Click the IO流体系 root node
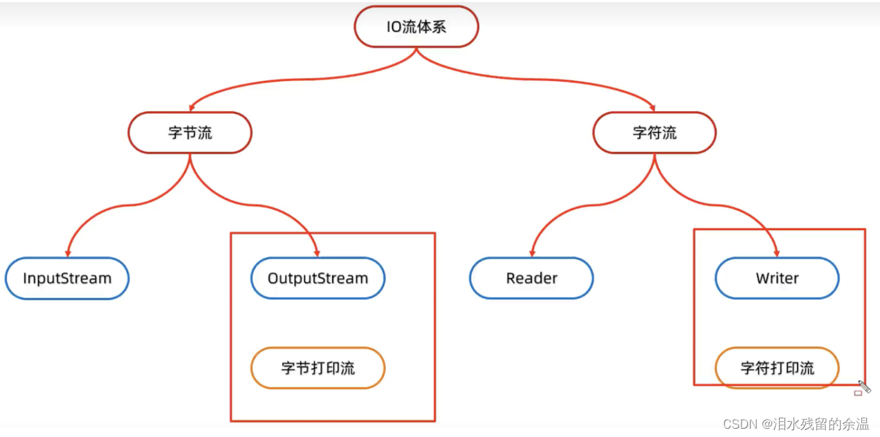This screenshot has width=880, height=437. [416, 27]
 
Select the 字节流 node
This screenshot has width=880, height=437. [190, 133]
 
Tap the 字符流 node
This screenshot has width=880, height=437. [654, 133]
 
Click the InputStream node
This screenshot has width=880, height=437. [67, 279]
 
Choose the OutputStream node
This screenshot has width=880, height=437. [318, 279]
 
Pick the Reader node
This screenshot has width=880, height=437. [531, 279]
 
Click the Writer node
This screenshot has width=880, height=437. [777, 279]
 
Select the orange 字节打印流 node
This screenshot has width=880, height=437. [318, 368]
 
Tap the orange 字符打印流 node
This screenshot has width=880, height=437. [777, 368]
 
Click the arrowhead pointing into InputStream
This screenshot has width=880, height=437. [68, 253]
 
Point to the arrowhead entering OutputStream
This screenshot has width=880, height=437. [317, 253]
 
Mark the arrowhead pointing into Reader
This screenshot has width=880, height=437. [532, 253]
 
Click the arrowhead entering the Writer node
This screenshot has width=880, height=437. [777, 253]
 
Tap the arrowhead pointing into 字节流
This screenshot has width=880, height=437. [192, 108]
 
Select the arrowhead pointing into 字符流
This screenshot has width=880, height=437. [652, 108]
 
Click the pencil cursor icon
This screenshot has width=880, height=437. [865, 387]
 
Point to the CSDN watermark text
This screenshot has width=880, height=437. [796, 424]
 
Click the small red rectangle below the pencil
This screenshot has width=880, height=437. [858, 393]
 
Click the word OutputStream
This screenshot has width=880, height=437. [318, 279]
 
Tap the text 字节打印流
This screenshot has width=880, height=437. [318, 368]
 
